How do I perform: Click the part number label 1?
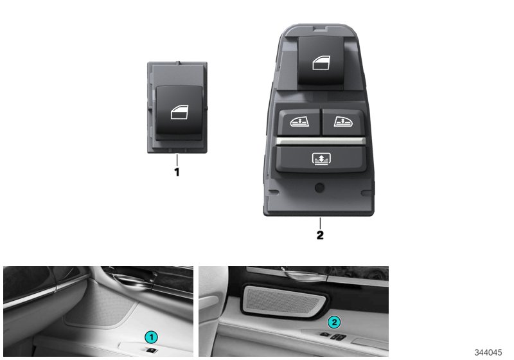click(x=177, y=173)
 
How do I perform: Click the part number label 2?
click(x=319, y=235)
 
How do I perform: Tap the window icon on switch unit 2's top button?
click(x=320, y=63)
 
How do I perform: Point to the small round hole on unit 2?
click(x=319, y=188)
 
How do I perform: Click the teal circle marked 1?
click(x=150, y=336)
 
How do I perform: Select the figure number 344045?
click(x=488, y=353)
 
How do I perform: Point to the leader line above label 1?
click(x=177, y=160)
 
